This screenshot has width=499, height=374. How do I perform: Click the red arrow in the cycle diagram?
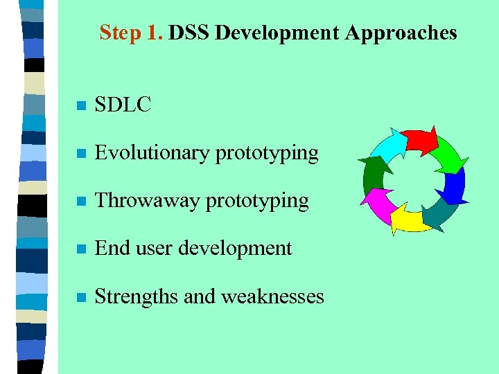click(x=420, y=140)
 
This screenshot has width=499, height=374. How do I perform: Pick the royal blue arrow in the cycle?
click(x=454, y=186)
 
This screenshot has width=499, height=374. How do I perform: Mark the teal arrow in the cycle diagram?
click(x=437, y=213)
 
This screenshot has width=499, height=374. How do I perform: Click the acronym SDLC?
click(x=123, y=105)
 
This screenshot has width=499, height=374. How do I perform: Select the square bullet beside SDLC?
click(x=81, y=107)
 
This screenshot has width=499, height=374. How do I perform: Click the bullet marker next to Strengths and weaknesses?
click(x=81, y=298)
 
